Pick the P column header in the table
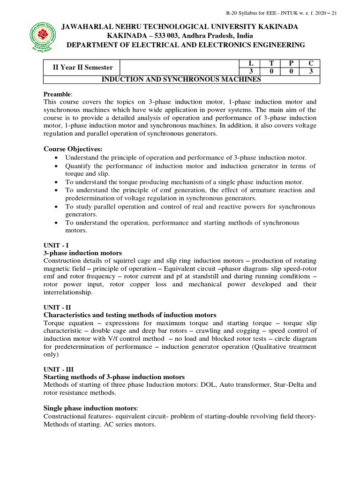click(x=291, y=64)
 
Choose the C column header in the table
click(x=310, y=64)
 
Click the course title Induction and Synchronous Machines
click(x=181, y=80)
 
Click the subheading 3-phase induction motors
click(x=82, y=253)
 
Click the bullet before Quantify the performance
click(x=57, y=166)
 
